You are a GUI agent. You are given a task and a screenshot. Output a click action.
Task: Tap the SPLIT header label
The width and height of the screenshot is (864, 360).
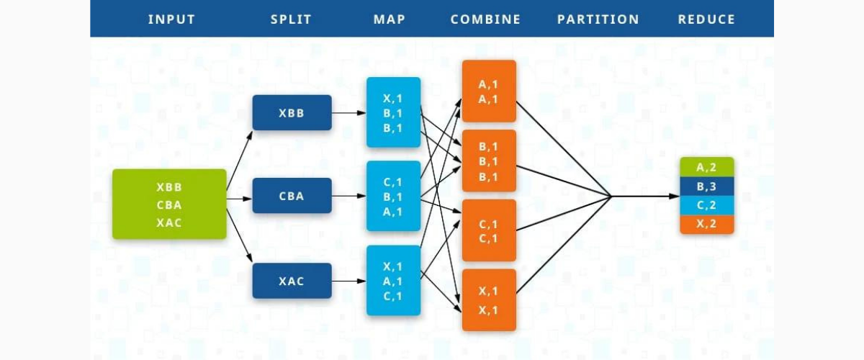(292, 19)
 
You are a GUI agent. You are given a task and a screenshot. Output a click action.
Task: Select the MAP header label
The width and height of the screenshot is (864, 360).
(389, 19)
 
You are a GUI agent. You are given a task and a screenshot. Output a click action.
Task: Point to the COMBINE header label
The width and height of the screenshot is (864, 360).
(485, 19)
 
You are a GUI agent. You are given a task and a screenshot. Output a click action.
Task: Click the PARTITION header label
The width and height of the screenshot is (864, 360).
(598, 19)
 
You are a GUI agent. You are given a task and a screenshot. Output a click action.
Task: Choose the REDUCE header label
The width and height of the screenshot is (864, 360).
(706, 19)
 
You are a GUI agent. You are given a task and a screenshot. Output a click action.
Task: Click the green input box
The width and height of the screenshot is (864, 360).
(169, 204)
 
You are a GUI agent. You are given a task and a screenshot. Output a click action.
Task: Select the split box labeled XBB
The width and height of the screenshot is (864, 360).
(292, 112)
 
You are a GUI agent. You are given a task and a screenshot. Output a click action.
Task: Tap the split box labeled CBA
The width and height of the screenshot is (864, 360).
(292, 196)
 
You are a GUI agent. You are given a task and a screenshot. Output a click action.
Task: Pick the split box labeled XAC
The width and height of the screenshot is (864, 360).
(292, 281)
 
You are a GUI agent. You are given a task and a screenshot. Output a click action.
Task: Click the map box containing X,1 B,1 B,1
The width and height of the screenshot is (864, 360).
(393, 112)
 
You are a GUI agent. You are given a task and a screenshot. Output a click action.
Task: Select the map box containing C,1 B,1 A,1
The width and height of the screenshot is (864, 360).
(393, 196)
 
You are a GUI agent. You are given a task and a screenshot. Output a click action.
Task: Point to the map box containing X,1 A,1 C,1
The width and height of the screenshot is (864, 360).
(393, 281)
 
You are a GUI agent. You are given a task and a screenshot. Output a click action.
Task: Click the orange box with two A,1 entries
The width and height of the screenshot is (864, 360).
(489, 91)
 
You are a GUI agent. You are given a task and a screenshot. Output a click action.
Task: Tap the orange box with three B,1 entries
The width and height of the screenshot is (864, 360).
(489, 161)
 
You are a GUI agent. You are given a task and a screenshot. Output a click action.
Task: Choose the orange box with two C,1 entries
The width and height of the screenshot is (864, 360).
(489, 230)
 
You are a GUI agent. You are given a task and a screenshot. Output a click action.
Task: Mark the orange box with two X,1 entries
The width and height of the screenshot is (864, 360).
(489, 300)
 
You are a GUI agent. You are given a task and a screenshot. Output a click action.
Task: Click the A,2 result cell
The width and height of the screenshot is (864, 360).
(706, 167)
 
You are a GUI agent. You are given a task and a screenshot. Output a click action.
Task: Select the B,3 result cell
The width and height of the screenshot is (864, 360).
(706, 186)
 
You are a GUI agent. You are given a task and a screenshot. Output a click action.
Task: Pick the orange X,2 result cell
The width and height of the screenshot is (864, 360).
(706, 224)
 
